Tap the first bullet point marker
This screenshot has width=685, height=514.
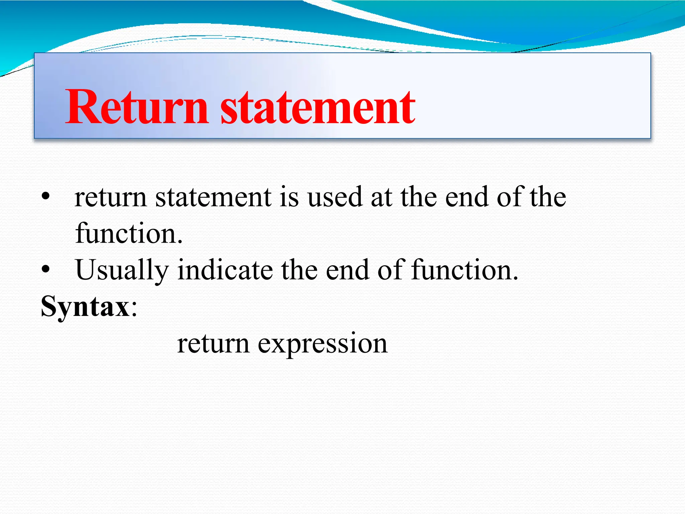pyautogui.click(x=46, y=196)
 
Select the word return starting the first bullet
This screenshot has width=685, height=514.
pyautogui.click(x=110, y=197)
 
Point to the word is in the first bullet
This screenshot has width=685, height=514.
pyautogui.click(x=289, y=197)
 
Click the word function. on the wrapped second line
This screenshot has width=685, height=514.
pyautogui.click(x=129, y=233)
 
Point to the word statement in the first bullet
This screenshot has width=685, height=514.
pyautogui.click(x=213, y=197)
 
